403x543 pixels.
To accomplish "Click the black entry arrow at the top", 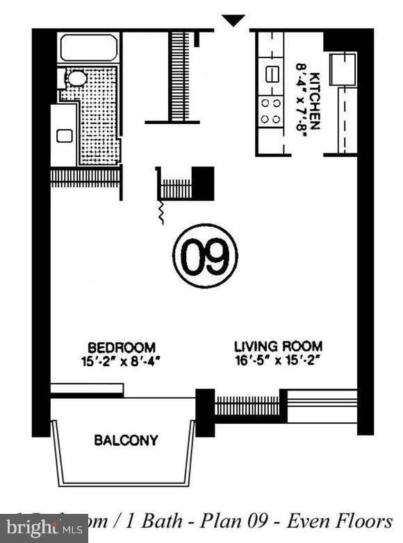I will (233, 20).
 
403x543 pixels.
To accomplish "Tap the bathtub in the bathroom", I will (88, 48).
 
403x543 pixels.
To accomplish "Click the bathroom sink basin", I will (65, 135).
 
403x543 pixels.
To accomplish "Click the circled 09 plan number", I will (205, 255).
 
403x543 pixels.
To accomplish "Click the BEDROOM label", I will (121, 347).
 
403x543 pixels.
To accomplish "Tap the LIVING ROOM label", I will (278, 346).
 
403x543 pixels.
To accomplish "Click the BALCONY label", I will (126, 440).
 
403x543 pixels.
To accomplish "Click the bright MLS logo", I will (43, 528).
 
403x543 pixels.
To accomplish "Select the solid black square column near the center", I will (203, 183).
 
